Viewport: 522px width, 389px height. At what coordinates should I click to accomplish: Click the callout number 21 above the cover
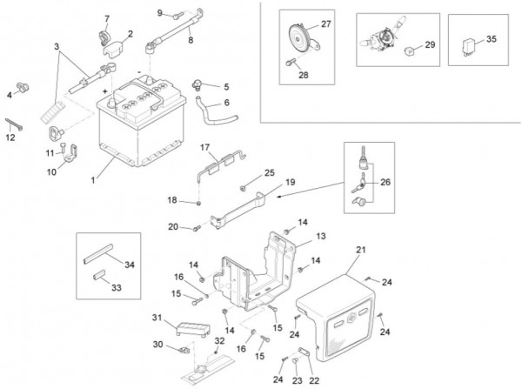(359, 250)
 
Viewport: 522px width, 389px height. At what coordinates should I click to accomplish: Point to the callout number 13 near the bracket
(320, 236)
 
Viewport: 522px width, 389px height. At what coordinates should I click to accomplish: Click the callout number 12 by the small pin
(10, 137)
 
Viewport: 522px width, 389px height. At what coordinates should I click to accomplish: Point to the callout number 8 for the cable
(190, 40)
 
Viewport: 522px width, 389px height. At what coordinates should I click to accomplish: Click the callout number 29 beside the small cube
(430, 44)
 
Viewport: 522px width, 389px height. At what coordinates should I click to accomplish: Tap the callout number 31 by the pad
(157, 316)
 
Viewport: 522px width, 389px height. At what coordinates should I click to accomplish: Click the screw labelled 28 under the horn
(289, 63)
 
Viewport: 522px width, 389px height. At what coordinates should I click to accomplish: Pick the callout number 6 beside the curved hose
(227, 103)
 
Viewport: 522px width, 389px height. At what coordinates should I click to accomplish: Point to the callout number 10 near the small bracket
(51, 171)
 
